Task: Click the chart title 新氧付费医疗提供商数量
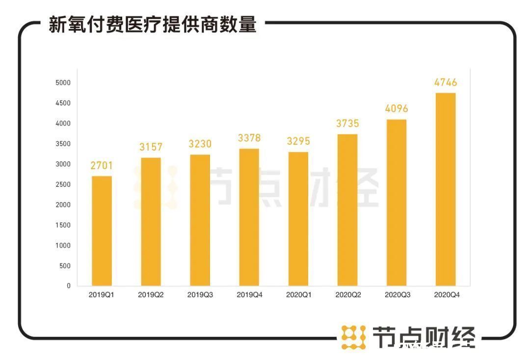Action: coord(152,25)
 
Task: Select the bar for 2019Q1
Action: coord(102,231)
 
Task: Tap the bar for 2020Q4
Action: coord(446,189)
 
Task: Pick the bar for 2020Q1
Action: coord(298,219)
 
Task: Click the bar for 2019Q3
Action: coord(200,220)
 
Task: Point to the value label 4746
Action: coord(446,82)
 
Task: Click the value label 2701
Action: coord(102,166)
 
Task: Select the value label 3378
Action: coord(249,138)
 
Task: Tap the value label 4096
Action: coord(397,109)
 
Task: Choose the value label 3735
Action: coord(347,124)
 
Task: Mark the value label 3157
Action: coord(151,147)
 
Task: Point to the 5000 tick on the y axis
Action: coord(62,83)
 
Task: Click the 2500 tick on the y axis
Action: coord(62,184)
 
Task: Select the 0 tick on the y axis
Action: coord(69,286)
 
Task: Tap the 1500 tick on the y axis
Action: coord(62,225)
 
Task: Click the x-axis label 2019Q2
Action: coord(151,295)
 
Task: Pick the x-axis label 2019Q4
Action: coord(249,295)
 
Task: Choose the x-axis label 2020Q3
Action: coord(397,295)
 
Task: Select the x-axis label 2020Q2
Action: coord(348,295)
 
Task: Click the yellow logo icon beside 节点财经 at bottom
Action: coord(353,337)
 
